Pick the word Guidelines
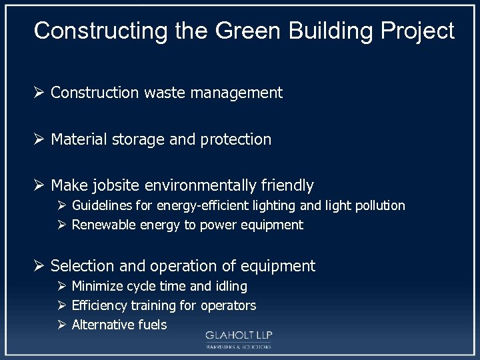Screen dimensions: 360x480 point(101,205)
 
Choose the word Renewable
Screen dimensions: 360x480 point(103,225)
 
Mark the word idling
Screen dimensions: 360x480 point(231,286)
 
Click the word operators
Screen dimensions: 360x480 point(229,306)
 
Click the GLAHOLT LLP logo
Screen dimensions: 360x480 point(239,339)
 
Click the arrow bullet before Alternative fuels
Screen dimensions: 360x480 point(61,325)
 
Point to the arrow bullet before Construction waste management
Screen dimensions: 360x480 point(39,93)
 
